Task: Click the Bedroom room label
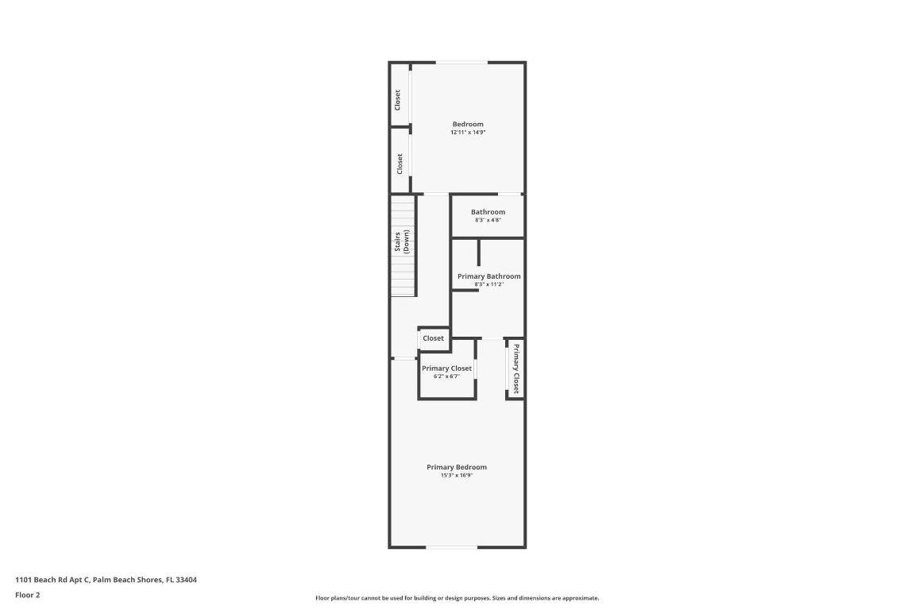468,124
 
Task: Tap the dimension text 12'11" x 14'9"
468,133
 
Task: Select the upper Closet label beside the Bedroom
398,99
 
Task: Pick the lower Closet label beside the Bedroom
400,164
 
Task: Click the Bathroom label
488,212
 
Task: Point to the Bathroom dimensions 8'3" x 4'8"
488,220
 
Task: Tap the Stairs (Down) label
402,241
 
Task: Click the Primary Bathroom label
489,276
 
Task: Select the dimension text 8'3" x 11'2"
489,284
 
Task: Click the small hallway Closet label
434,338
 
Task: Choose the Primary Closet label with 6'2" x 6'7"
446,369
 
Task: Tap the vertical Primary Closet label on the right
515,369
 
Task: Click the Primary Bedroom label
457,467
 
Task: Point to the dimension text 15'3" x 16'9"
457,476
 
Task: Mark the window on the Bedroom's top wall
461,63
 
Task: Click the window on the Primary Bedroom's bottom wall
452,546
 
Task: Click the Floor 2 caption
28,595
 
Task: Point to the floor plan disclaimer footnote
457,598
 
